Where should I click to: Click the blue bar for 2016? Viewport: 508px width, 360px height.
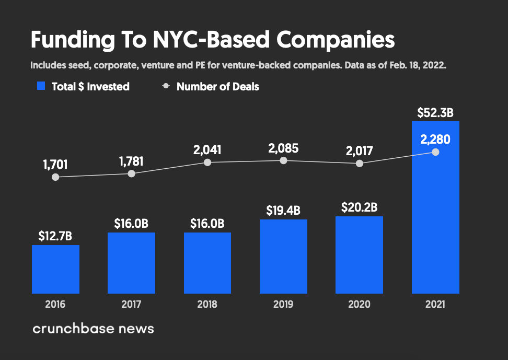pos(55,269)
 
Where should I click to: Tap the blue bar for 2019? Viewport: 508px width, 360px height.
pos(283,256)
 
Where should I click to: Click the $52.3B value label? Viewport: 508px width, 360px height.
pos(435,112)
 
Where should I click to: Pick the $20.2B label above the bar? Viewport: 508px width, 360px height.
pos(359,207)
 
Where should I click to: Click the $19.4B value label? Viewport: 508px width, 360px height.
pos(283,211)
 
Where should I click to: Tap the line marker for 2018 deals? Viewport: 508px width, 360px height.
pos(207,162)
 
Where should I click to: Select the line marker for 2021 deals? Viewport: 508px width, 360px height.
pos(435,152)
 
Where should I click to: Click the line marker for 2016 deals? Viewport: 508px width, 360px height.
pos(55,177)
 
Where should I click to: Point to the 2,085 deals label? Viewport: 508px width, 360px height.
pos(283,148)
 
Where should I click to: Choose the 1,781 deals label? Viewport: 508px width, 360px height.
pos(131,161)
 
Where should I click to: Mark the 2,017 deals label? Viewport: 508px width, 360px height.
pos(359,151)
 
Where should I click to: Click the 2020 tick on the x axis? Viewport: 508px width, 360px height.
pos(359,304)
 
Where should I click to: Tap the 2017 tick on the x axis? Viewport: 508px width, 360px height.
pos(131,304)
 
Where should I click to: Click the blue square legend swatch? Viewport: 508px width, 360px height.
pos(41,86)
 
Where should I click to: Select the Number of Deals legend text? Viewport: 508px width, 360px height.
pos(218,87)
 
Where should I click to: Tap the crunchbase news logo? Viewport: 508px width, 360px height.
pos(93,329)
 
